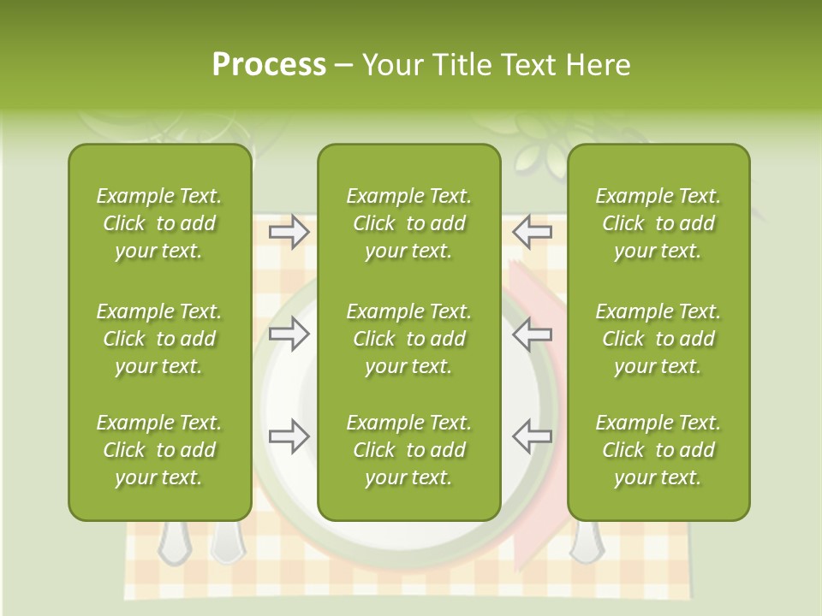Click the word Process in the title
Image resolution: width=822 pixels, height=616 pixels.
tap(269, 65)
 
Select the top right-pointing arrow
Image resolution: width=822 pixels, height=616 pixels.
tap(289, 232)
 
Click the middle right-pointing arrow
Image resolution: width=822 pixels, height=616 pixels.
tap(289, 335)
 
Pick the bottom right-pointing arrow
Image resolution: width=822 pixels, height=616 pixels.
tap(289, 436)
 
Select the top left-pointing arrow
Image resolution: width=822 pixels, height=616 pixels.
tap(533, 232)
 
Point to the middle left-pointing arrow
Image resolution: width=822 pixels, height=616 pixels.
tap(533, 335)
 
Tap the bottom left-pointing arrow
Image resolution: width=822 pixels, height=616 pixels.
tap(533, 436)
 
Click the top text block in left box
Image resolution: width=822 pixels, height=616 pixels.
tap(159, 223)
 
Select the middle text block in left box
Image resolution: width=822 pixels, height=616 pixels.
tap(159, 339)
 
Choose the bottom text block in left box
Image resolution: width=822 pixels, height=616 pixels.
tap(159, 450)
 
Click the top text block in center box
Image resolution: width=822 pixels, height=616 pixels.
tap(408, 223)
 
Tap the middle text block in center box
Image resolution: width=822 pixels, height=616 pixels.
tap(408, 339)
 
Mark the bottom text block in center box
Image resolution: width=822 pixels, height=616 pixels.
tap(408, 450)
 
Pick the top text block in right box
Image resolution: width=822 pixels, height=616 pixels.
tap(658, 223)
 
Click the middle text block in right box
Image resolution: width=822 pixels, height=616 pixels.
tap(658, 339)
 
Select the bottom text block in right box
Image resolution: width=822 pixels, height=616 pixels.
tap(658, 450)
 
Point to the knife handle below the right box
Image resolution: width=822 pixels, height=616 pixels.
tap(586, 542)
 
